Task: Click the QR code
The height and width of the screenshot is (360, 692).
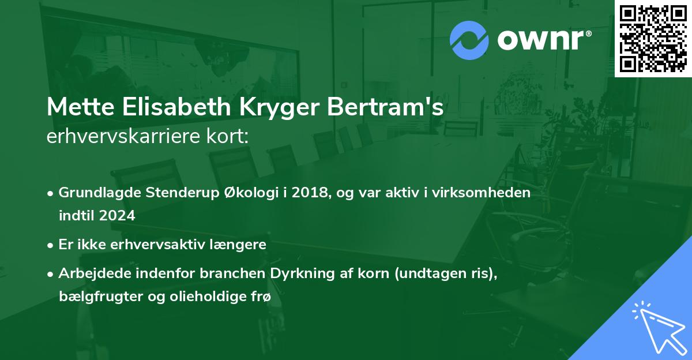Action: [653, 39]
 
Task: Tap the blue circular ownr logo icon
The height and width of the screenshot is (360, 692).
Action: [469, 40]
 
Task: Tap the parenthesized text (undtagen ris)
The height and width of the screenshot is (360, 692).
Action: [445, 273]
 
